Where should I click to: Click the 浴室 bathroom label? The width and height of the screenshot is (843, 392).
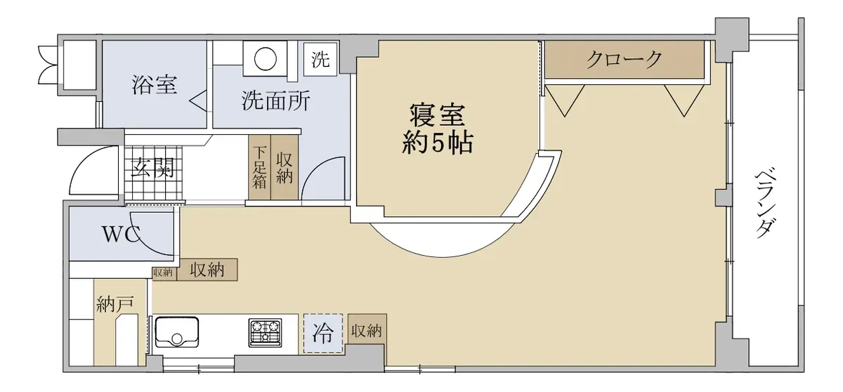pos(155,84)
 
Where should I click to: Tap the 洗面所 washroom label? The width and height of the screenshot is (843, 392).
pos(276,101)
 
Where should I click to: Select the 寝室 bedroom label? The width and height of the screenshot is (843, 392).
pos(437,115)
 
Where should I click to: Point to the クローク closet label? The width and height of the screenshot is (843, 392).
pos(625,60)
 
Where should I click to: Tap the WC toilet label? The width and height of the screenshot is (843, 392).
pos(121,235)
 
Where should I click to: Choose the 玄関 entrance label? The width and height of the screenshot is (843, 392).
pos(152,167)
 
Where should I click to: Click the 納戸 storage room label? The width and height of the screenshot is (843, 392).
pos(115,304)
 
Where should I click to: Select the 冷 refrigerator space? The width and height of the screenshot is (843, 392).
pos(323,334)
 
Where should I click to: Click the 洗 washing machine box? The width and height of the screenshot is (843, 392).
pos(320,59)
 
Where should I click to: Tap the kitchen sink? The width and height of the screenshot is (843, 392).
pos(177,332)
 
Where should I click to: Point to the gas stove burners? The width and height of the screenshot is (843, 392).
pos(265,332)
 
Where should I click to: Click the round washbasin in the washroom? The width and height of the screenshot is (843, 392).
pos(266,59)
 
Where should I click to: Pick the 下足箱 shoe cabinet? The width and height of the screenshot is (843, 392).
pos(259,167)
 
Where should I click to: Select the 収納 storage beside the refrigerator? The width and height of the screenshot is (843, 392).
pos(367,331)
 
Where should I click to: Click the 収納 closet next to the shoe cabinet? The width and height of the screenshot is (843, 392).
pos(285,167)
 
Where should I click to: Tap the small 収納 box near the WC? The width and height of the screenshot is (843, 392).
pos(163,273)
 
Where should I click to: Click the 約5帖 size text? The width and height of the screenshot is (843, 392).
pos(437,143)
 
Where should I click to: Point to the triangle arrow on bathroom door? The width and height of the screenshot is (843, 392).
pos(198,101)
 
